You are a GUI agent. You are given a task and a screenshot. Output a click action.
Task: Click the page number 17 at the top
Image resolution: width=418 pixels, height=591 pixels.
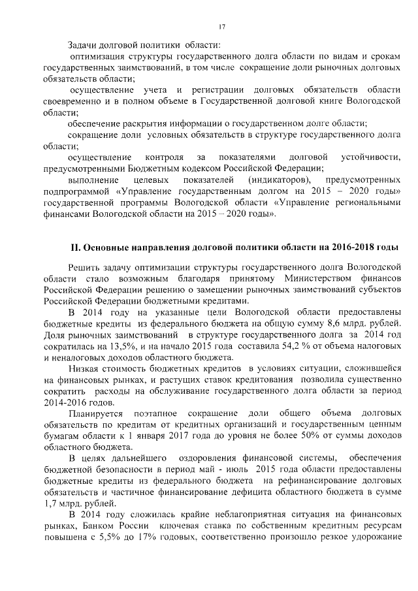click(222, 26)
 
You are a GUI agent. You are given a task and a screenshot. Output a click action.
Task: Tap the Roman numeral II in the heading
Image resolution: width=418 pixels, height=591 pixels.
click(76, 248)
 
